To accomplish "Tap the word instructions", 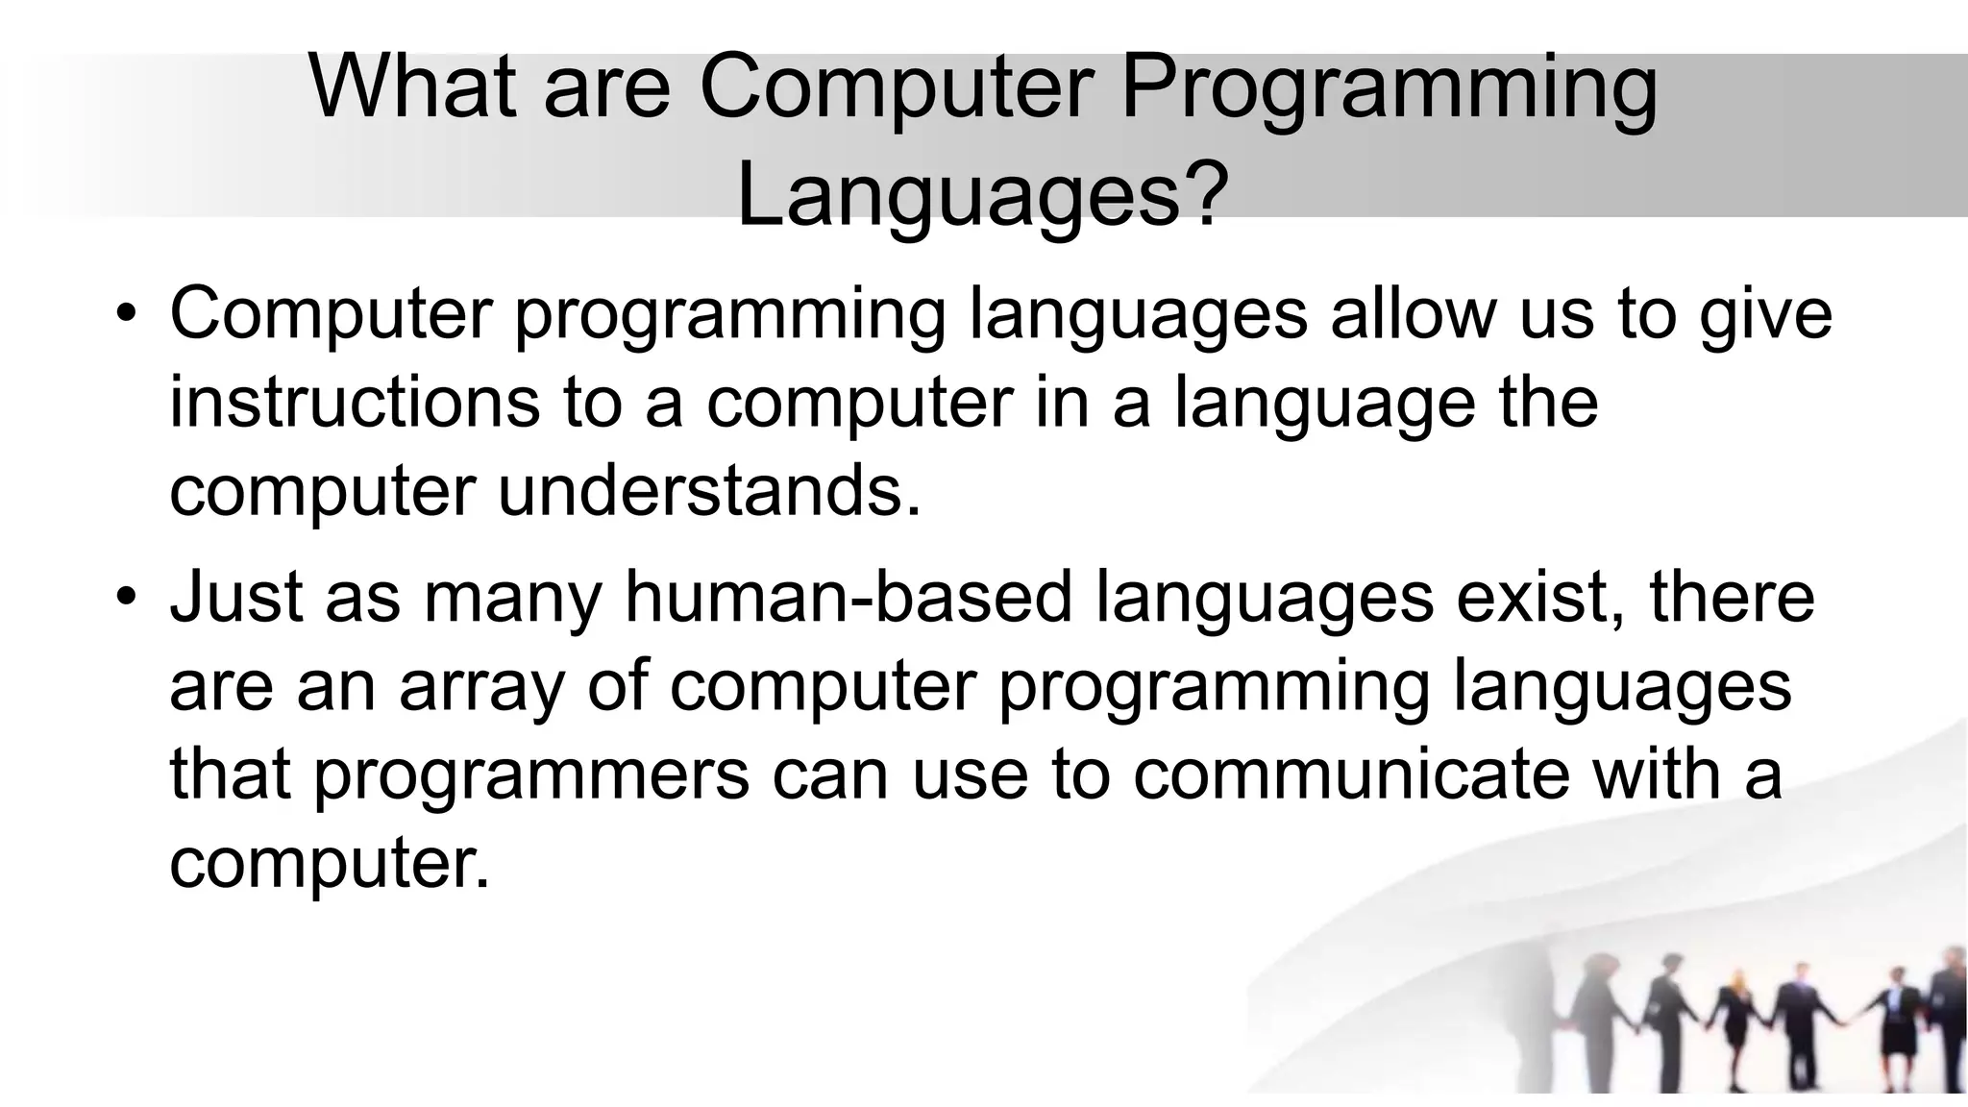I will click(x=355, y=403).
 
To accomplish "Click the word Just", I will click(x=235, y=597).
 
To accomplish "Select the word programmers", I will click(x=531, y=777).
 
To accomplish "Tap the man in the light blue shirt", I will click(x=1799, y=1019).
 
